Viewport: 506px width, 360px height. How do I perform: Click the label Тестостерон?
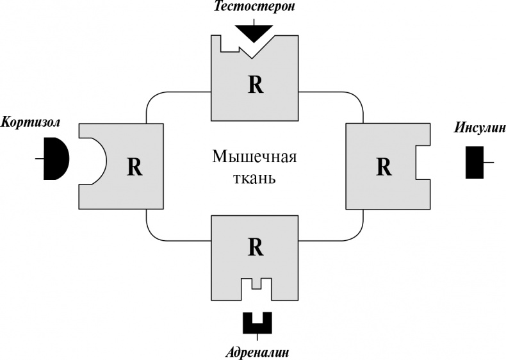(254, 8)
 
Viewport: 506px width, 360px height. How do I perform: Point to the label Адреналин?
(256, 352)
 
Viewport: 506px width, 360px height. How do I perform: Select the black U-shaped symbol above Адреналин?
(256, 322)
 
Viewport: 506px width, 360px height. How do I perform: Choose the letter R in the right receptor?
(383, 167)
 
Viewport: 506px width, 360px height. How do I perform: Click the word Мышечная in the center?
(255, 157)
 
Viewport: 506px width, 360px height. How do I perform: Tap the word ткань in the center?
(255, 177)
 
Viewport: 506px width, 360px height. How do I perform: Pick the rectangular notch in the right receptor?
(422, 162)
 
